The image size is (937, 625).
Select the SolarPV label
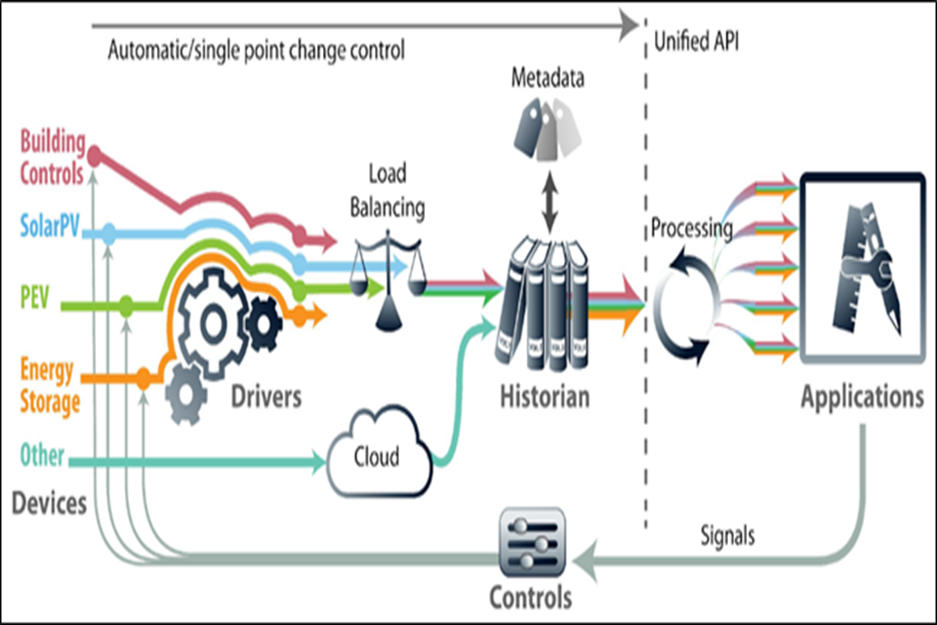[51, 231]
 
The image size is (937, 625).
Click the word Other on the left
[42, 456]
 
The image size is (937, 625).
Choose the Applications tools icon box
[862, 270]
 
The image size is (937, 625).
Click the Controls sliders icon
[531, 543]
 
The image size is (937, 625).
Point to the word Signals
[727, 535]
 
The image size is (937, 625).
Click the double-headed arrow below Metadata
[548, 203]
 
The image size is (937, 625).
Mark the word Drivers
[266, 397]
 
